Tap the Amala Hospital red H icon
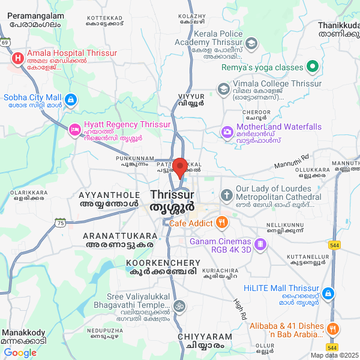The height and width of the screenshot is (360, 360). click(18, 58)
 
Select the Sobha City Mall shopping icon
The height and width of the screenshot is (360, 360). click(71, 99)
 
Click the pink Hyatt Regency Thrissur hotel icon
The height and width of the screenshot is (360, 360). click(74, 128)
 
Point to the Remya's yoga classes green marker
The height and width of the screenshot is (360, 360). click(311, 66)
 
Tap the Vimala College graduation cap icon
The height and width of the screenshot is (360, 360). click(224, 89)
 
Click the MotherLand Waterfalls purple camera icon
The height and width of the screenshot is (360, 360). click(227, 131)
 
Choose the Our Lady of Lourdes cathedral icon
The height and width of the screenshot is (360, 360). click(226, 195)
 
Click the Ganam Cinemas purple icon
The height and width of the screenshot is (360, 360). click(260, 244)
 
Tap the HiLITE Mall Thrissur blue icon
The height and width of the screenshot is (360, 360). click(328, 293)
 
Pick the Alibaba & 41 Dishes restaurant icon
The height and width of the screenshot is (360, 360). click(334, 329)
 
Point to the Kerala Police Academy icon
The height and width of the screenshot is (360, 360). click(251, 43)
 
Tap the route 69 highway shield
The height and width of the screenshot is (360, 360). click(5, 43)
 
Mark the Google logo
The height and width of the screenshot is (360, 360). click(20, 353)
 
